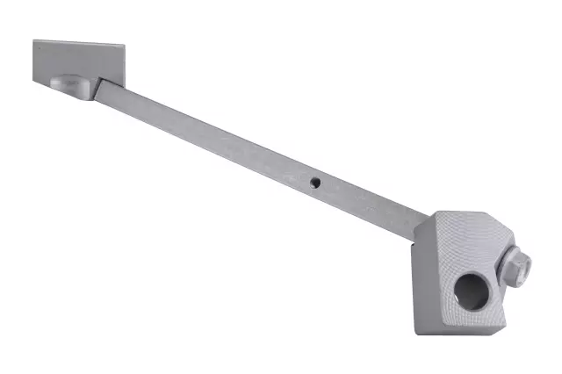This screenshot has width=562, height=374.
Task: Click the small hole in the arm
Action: tap(315, 183)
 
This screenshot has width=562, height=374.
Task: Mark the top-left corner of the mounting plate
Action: tap(34, 40)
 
